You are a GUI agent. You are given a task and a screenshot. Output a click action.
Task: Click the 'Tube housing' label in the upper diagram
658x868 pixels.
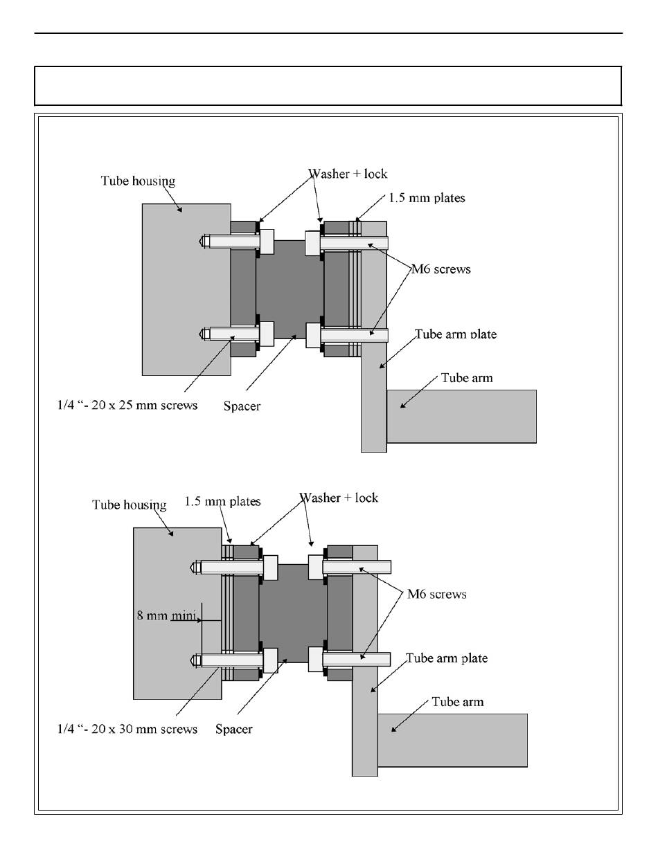point(139,181)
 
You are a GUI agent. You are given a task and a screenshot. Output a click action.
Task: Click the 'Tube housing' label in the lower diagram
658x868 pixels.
point(130,505)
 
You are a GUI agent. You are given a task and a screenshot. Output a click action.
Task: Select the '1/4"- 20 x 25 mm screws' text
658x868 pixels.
point(127,405)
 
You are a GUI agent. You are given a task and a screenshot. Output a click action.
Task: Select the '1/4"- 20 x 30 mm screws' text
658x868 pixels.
point(127,729)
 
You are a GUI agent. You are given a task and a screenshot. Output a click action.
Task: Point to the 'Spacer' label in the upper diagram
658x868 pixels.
point(242,406)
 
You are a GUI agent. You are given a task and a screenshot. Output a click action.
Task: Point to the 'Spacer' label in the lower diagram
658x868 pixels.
point(233,729)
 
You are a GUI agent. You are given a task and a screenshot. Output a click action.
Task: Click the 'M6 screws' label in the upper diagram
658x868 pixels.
point(441,269)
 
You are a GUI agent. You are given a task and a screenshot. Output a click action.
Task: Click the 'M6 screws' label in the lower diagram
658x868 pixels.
point(436,594)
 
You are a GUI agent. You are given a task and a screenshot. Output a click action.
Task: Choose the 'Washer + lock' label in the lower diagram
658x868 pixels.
point(339,498)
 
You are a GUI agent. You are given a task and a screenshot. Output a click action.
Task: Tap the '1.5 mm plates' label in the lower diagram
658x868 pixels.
point(223,501)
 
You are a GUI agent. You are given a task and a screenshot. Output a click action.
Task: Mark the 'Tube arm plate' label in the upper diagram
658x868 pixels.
point(456,334)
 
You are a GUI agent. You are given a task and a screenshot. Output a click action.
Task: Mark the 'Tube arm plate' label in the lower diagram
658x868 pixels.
point(447,658)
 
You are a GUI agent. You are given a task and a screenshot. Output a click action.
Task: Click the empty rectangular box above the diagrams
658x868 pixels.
point(328,86)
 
